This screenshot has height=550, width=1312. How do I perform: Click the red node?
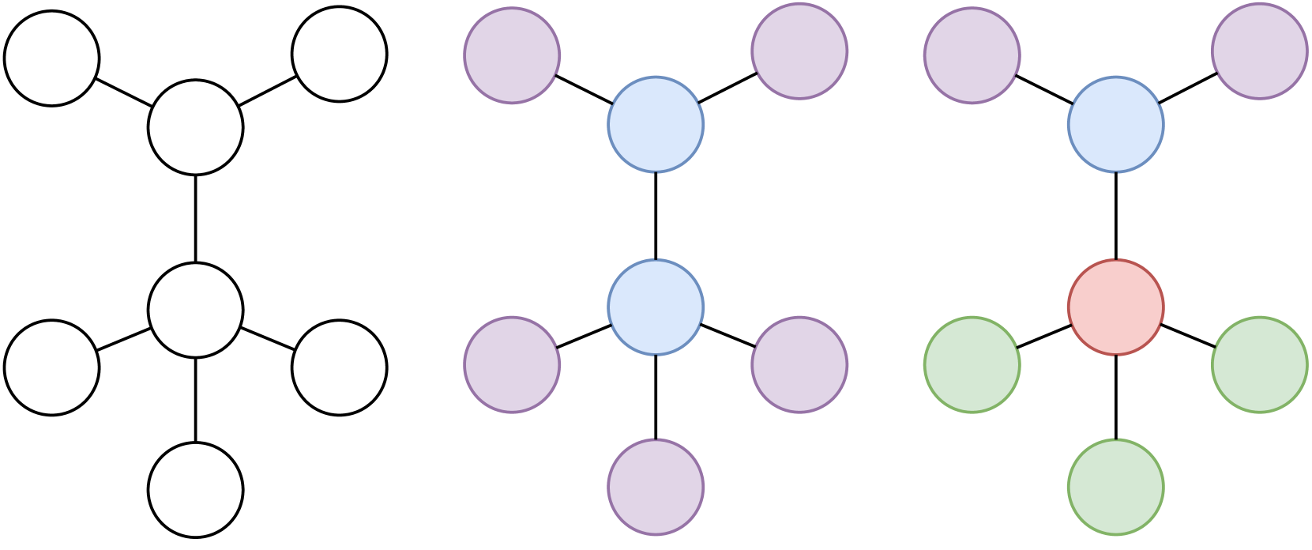[x=1115, y=307]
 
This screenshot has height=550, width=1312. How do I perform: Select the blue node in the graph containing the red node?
[x=1115, y=125]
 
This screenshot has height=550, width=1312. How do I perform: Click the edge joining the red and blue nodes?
[x=1115, y=216]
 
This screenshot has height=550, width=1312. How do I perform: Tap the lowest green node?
[x=1115, y=487]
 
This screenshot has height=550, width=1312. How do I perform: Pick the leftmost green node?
[x=972, y=365]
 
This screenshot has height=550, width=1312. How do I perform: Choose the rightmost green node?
[x=1259, y=365]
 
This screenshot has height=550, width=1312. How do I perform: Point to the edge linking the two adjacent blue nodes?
[x=656, y=216]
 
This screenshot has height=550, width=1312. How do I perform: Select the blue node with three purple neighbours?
[x=656, y=307]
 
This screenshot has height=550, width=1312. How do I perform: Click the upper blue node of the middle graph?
[x=656, y=125]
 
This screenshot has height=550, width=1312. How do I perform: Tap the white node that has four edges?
[x=195, y=311]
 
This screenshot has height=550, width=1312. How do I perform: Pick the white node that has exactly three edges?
[x=195, y=127]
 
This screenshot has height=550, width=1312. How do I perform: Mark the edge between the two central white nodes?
[x=195, y=219]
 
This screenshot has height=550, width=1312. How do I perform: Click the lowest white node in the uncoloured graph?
[x=195, y=490]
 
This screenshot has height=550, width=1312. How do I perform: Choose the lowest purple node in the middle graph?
[x=656, y=487]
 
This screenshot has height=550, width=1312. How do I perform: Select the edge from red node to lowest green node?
[x=1115, y=397]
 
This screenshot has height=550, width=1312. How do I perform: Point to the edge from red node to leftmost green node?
[x=1043, y=336]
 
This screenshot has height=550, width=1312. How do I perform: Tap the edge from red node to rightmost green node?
[x=1187, y=336]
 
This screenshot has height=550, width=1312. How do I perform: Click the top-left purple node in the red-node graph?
[x=972, y=55]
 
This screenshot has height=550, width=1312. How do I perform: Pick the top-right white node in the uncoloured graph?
[x=339, y=54]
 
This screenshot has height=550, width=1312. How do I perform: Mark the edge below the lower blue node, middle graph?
[x=656, y=397]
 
